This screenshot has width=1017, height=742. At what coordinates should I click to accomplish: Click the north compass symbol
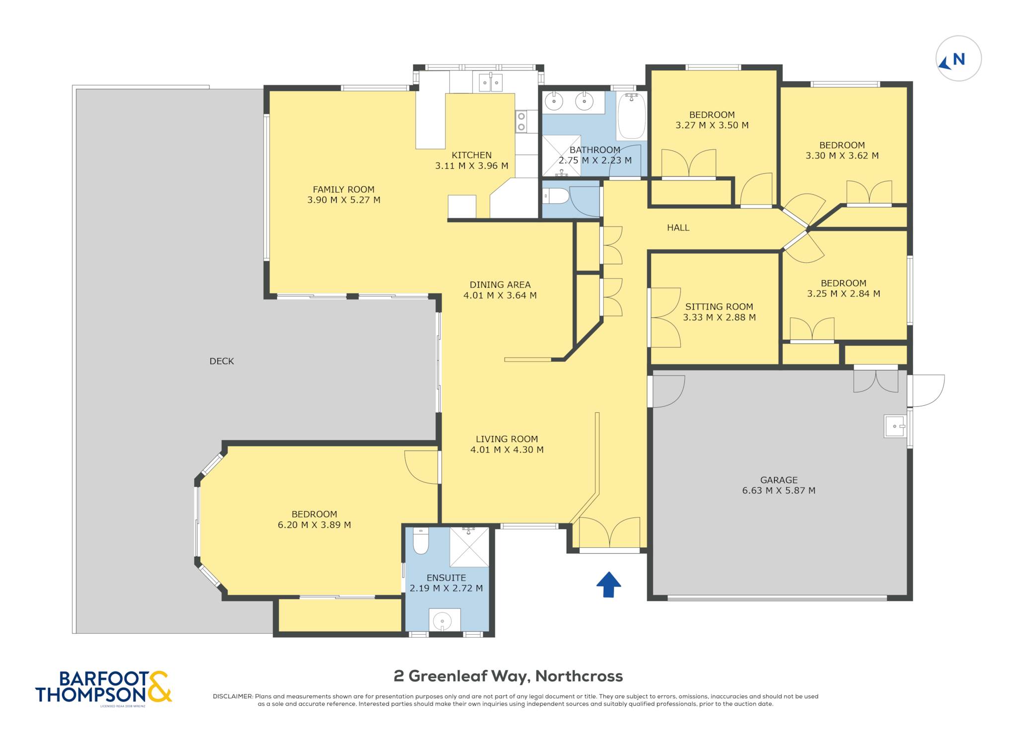[x=958, y=59]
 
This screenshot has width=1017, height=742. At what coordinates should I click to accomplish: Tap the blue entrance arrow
[x=608, y=584]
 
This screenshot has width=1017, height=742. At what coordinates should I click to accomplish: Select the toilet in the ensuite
[x=421, y=540]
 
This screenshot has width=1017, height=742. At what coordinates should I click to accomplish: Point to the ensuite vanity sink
[x=442, y=620]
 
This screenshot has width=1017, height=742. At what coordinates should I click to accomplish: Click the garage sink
[x=895, y=426]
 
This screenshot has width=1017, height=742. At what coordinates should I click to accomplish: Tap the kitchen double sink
[x=491, y=82]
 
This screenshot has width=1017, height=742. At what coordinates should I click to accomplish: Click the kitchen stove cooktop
[x=521, y=121]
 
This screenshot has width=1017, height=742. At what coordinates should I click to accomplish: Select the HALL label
[x=678, y=228]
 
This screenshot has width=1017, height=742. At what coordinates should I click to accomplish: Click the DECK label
[x=221, y=361]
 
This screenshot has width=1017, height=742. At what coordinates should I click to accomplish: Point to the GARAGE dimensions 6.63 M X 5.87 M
[x=779, y=491]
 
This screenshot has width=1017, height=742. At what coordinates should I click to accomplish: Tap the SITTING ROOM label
[x=719, y=307]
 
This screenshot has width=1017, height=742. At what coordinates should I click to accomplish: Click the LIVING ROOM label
[x=507, y=439]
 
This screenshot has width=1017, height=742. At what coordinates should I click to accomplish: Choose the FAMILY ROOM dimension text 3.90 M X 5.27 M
[x=344, y=200]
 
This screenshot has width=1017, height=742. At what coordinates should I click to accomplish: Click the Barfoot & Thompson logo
[x=103, y=687]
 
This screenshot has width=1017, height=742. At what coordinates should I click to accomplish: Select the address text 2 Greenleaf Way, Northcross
[x=508, y=676]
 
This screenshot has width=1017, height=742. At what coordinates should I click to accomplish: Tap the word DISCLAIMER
[x=233, y=696]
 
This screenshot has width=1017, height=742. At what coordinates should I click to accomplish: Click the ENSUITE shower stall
[x=469, y=547]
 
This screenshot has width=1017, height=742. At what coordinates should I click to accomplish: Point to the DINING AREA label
[x=500, y=285]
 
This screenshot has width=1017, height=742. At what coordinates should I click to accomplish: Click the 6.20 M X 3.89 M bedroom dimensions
[x=314, y=525]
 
